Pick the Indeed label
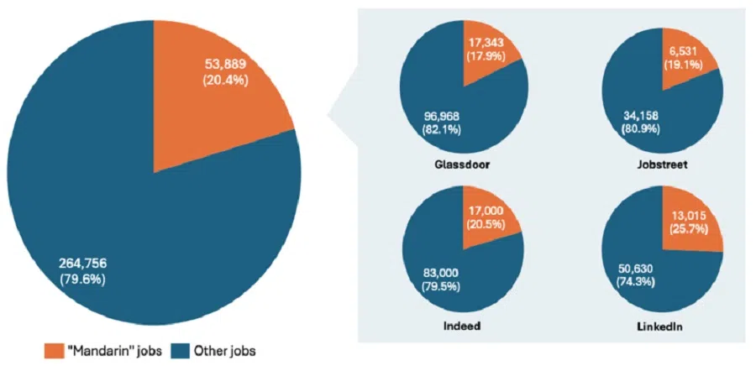[x=463, y=325]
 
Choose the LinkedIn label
[x=663, y=325]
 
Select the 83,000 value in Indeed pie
[x=439, y=273]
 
